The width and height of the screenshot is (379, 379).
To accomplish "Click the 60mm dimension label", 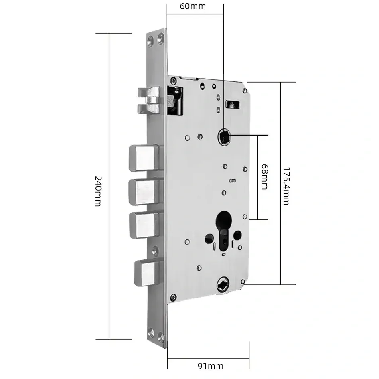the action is click(x=193, y=6).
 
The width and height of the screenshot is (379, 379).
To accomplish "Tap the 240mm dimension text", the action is click(x=98, y=191).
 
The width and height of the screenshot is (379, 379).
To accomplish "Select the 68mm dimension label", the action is click(x=265, y=177).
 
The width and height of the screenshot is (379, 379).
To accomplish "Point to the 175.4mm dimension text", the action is click(x=286, y=186).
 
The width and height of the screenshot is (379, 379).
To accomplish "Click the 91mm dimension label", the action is click(x=211, y=366).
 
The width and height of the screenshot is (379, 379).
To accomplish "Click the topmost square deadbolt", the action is click(x=144, y=158).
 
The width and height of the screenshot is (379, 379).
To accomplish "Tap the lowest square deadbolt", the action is click(x=147, y=273).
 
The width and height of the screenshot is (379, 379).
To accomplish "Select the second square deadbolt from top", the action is click(x=144, y=192).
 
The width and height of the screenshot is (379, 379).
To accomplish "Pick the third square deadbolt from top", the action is click(x=145, y=225).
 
